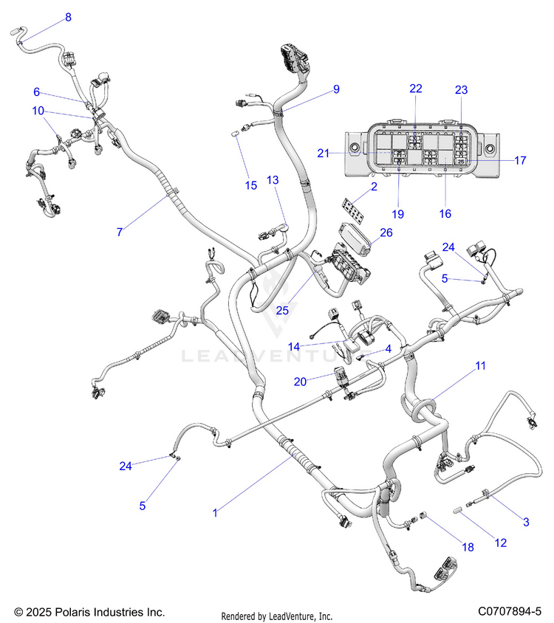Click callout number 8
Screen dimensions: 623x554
click(69, 17)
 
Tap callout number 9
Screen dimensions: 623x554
click(336, 89)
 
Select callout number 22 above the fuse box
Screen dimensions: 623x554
click(416, 89)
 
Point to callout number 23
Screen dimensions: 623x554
click(462, 90)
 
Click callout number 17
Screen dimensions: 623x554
click(520, 159)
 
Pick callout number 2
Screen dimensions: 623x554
click(374, 187)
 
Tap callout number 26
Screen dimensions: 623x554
click(386, 233)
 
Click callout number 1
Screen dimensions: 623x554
click(215, 512)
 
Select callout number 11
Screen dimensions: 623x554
click(481, 365)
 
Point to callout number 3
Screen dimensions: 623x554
click(527, 522)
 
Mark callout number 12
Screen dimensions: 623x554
click(501, 543)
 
